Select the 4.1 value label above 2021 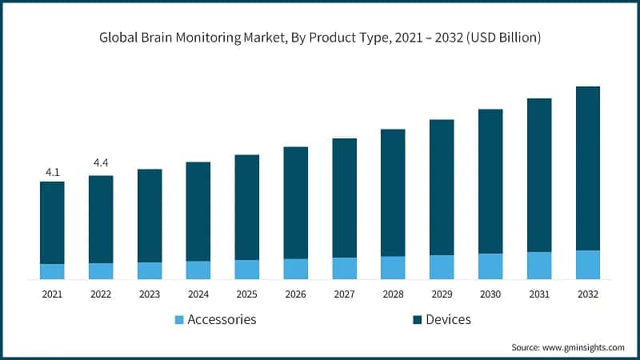tap(52, 172)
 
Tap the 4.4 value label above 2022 tap(101, 163)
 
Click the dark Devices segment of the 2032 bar tap(588, 168)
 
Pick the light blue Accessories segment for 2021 tap(52, 272)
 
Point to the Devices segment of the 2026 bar tap(295, 202)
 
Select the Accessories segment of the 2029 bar tap(442, 267)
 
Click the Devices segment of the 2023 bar tap(150, 215)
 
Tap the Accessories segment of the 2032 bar tap(588, 265)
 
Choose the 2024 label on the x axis tap(198, 294)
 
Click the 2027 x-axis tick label tap(344, 294)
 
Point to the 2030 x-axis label tap(490, 294)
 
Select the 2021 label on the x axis tap(52, 294)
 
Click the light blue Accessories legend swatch tap(179, 320)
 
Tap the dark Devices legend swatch tap(417, 320)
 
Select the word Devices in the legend tap(448, 319)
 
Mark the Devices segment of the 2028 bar tap(393, 192)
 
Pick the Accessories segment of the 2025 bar tap(246, 270)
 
